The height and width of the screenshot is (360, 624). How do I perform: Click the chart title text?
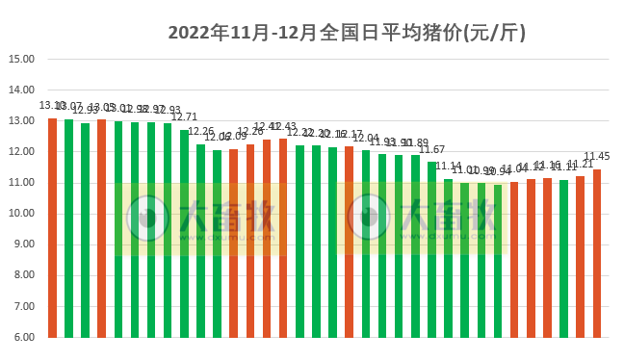(346, 32)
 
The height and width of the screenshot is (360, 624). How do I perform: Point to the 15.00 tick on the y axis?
(21, 59)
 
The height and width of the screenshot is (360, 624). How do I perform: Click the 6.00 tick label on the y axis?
(21, 337)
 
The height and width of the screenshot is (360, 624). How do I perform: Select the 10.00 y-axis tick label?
(21, 214)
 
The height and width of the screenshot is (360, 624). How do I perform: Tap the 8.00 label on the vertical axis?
(21, 275)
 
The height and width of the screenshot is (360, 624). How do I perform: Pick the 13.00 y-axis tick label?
(21, 120)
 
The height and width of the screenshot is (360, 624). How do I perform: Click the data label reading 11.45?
(597, 157)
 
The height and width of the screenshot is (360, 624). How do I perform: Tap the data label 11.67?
(431, 149)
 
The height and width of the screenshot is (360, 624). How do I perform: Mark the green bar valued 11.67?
(431, 249)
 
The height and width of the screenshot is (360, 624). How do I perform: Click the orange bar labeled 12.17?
(349, 242)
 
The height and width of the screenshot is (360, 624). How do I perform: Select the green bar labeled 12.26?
(200, 241)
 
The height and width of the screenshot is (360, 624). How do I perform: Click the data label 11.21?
(580, 164)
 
